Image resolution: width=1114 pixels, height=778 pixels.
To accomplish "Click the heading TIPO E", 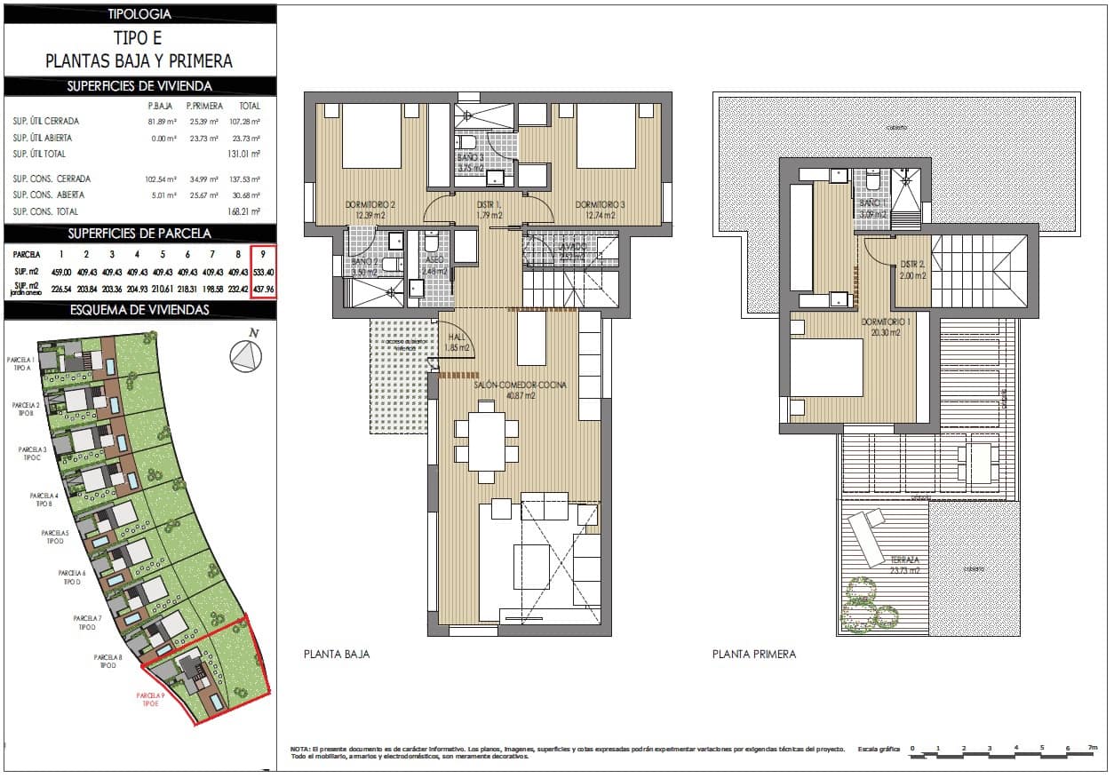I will click(139, 38).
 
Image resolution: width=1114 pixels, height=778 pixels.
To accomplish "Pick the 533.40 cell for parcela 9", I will click(263, 272).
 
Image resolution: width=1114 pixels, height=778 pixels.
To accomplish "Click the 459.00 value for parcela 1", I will click(61, 272).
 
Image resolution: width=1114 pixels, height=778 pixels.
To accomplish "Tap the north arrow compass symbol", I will click(246, 357).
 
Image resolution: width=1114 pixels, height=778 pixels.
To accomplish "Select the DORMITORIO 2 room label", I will click(369, 210).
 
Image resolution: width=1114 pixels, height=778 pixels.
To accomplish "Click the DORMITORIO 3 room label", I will click(600, 210).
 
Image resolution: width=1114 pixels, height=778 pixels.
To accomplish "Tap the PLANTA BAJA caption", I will click(337, 655).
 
